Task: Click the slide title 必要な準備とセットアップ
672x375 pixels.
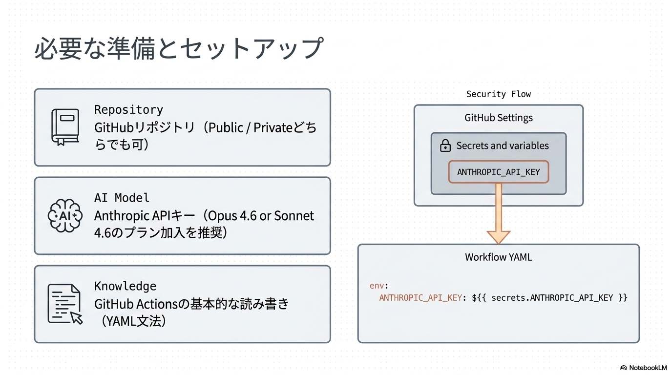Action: coord(179,48)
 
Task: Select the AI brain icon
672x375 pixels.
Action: coord(65,215)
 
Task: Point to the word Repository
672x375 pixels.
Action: coord(128,109)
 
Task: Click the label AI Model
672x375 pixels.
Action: coord(122,198)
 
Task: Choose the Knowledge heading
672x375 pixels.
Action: coord(125,286)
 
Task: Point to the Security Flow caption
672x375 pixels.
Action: coord(498,94)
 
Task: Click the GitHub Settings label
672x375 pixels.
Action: coord(498,118)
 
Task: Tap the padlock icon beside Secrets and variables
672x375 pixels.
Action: coord(445,146)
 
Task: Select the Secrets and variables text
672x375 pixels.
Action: coord(502,146)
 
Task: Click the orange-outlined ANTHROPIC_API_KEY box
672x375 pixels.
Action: coord(498,172)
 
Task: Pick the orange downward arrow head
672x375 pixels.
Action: coord(498,236)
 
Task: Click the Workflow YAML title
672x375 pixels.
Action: coord(498,257)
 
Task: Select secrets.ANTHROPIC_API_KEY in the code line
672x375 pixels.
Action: coord(552,297)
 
